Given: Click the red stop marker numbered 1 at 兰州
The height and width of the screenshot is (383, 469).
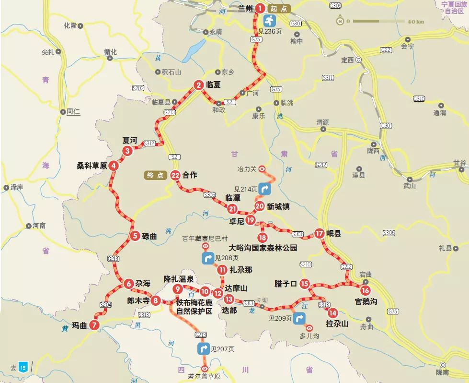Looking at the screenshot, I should pyautogui.click(x=259, y=8).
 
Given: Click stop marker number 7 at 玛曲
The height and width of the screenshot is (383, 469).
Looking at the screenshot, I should pyautogui.click(x=94, y=325).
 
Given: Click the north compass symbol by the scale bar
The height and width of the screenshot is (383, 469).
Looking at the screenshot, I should pyautogui.click(x=340, y=21).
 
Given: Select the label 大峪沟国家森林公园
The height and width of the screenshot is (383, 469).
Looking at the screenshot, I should pyautogui.click(x=263, y=248).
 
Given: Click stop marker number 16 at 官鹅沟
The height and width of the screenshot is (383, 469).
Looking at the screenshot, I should pyautogui.click(x=366, y=290).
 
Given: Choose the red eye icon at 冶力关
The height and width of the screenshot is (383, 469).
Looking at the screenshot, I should pyautogui.click(x=262, y=168).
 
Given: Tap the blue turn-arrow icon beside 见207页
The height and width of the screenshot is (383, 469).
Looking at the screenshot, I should pyautogui.click(x=203, y=348).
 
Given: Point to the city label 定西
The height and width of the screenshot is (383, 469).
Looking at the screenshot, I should pyautogui.click(x=346, y=60).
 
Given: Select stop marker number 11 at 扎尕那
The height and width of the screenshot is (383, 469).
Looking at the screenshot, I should pyautogui.click(x=222, y=270).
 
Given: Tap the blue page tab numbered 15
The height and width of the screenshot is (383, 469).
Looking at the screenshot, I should pyautogui.click(x=23, y=368).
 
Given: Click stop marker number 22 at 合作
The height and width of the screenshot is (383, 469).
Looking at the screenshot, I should pyautogui.click(x=175, y=175).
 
